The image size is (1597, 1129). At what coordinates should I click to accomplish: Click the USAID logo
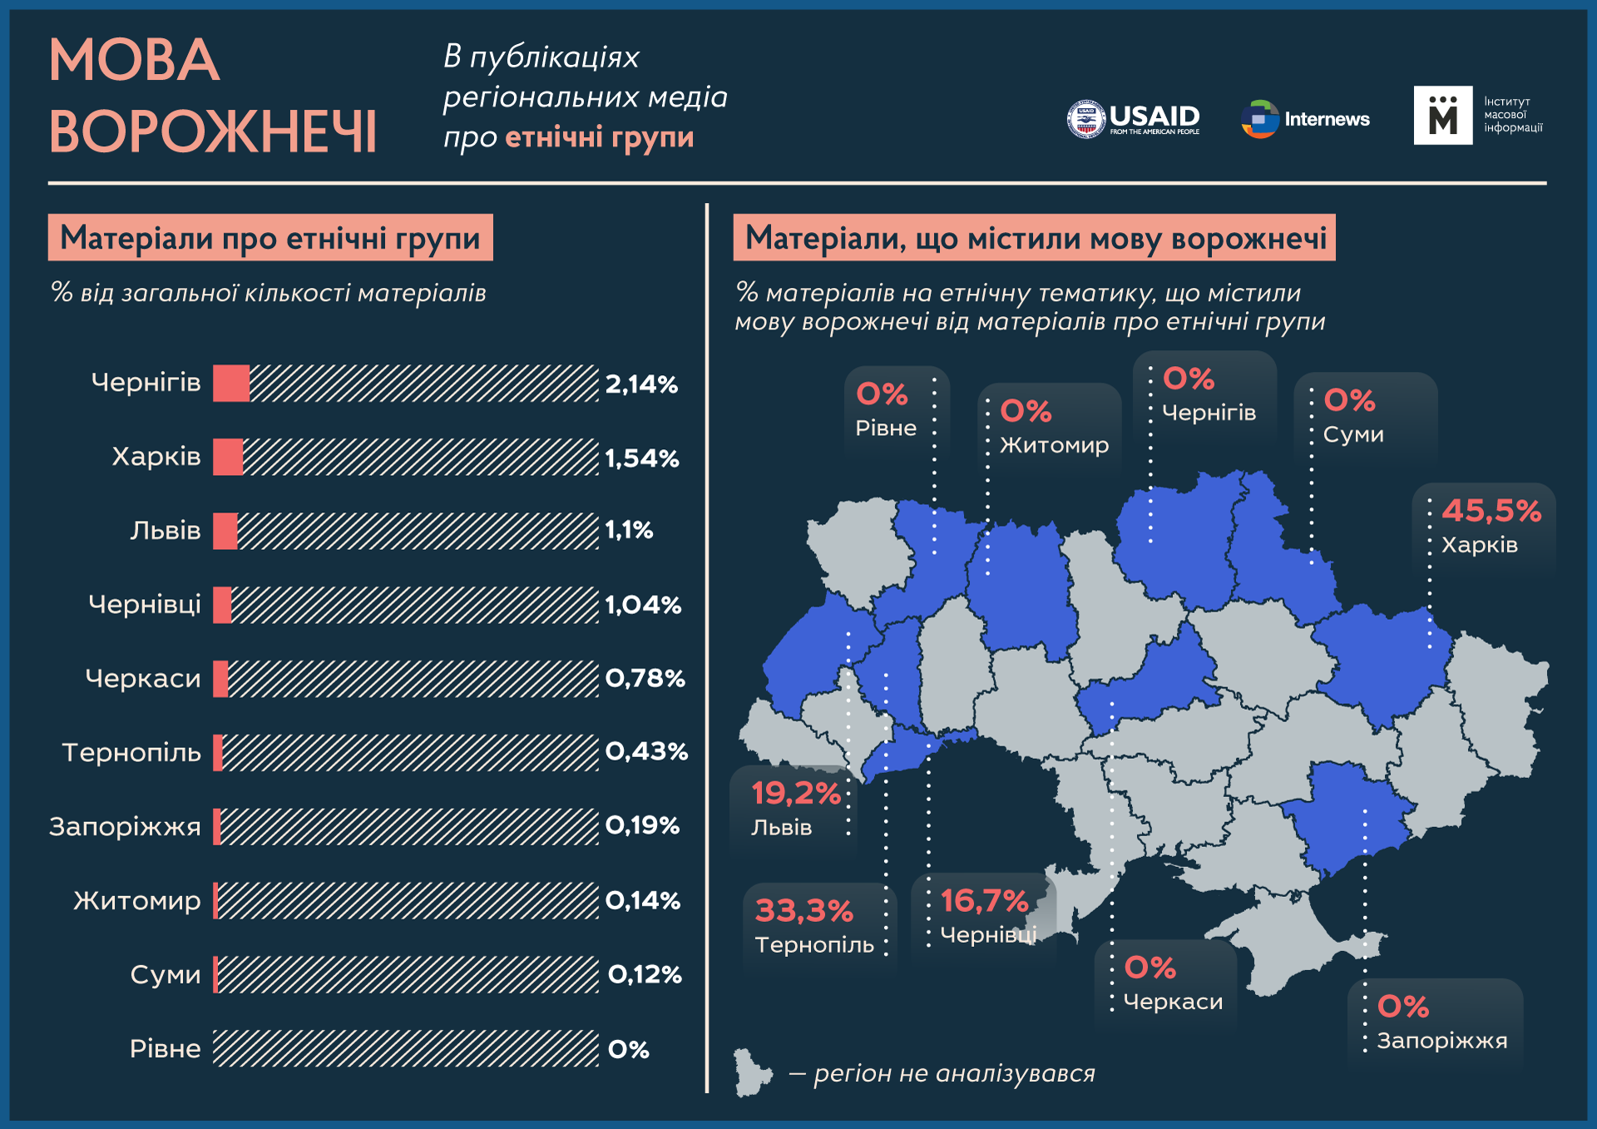(x=1133, y=119)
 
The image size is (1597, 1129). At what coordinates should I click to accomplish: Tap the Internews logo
(x=1305, y=119)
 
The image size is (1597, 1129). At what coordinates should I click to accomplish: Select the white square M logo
(x=1442, y=116)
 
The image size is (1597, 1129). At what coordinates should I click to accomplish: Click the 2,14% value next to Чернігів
(x=641, y=384)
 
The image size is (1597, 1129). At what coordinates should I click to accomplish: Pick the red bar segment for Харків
(x=227, y=458)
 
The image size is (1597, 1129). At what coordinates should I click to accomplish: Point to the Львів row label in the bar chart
(x=165, y=531)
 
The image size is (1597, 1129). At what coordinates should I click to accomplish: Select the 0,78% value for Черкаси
(x=645, y=679)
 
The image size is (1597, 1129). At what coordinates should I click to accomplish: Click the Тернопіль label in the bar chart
(x=131, y=753)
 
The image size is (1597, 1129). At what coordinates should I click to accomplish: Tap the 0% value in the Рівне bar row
(x=628, y=1050)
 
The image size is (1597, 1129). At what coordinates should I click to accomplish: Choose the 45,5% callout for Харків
(x=1491, y=511)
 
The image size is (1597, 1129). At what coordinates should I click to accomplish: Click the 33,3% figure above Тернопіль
(x=803, y=911)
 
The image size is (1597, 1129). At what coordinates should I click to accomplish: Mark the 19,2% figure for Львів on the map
(x=795, y=794)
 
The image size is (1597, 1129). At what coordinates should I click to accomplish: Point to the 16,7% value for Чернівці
(x=984, y=901)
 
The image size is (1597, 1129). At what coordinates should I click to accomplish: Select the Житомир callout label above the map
(x=1054, y=445)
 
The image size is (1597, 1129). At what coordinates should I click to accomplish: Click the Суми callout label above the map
(x=1353, y=434)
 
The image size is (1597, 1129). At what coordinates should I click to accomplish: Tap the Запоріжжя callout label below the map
(x=1441, y=1041)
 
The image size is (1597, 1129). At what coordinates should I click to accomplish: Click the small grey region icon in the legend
(x=751, y=1073)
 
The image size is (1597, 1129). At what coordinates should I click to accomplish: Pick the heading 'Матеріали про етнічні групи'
(x=270, y=238)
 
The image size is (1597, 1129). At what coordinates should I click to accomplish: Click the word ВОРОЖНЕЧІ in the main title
(x=213, y=132)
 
